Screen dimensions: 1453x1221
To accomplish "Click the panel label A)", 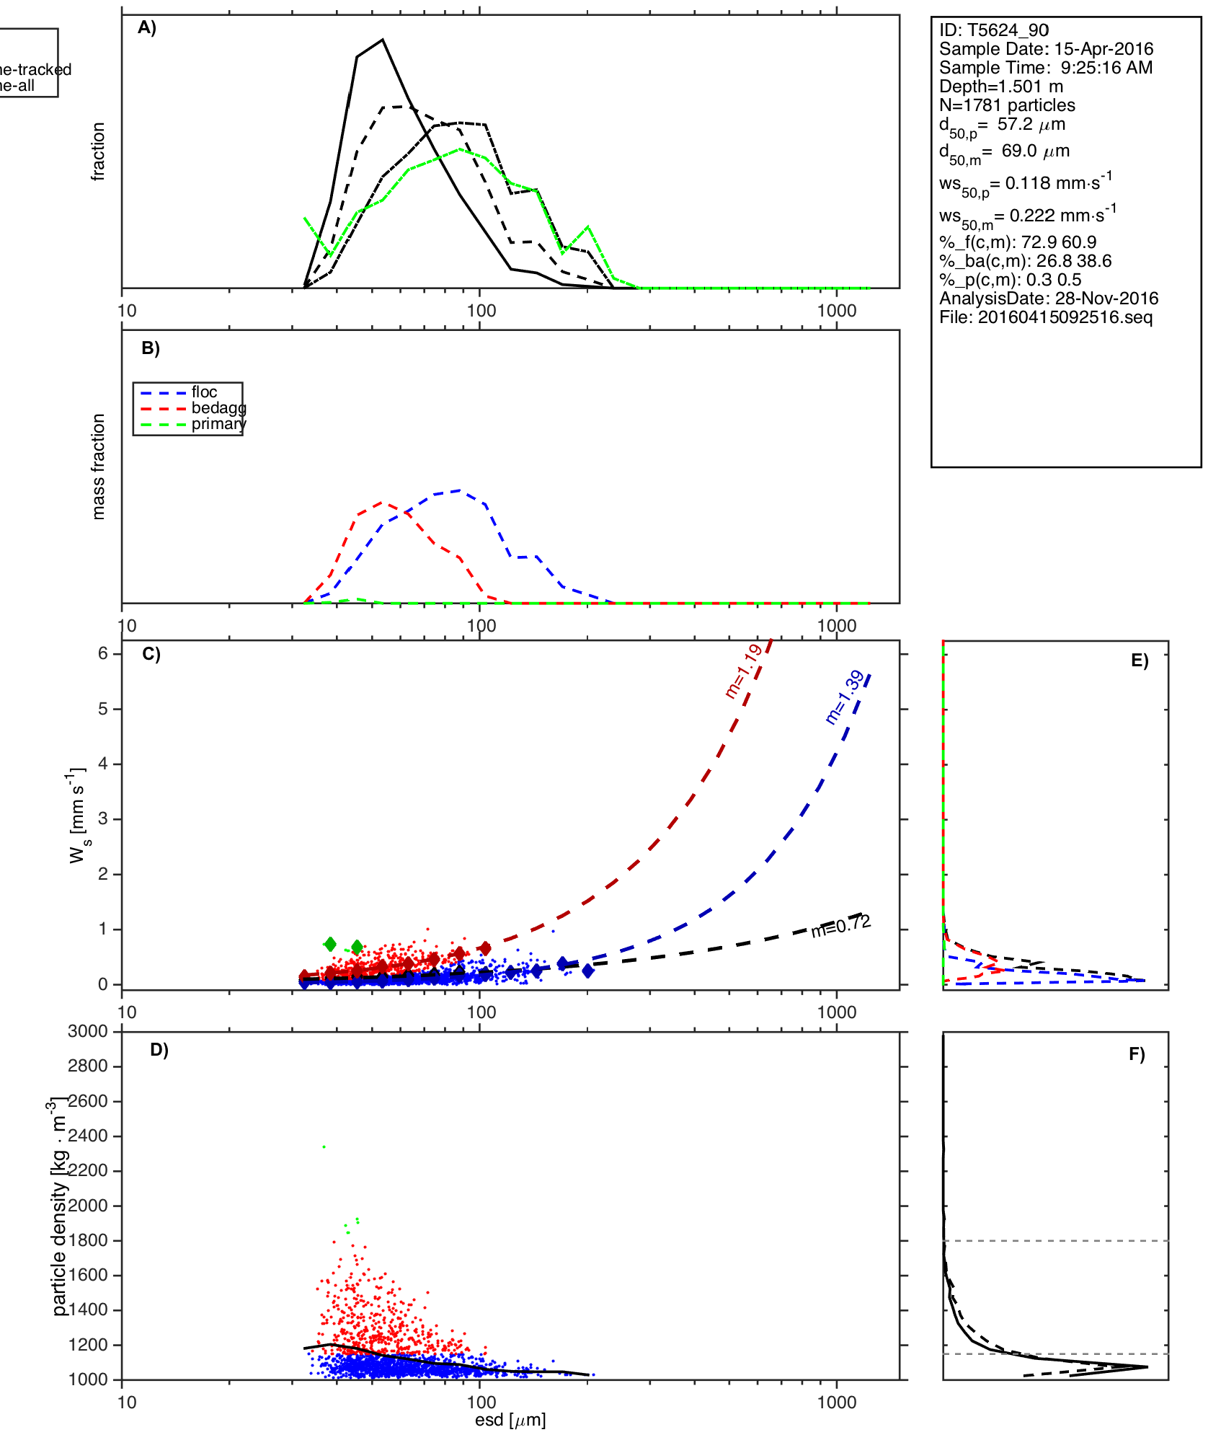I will click(x=147, y=28).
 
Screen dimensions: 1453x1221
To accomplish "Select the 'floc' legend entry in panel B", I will click(x=204, y=392).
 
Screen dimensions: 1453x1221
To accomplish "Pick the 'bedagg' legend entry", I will click(x=218, y=408).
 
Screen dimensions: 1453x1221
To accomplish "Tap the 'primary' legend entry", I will click(x=218, y=424).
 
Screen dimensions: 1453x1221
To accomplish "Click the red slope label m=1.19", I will click(x=743, y=671).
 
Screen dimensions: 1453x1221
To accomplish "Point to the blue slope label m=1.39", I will click(x=844, y=697).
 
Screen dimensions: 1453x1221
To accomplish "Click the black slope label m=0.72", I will click(x=840, y=926).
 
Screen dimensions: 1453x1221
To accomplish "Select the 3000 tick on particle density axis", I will click(x=88, y=1032).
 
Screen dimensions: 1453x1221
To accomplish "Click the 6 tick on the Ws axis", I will click(x=103, y=653).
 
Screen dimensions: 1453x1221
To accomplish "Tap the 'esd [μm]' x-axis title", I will click(x=510, y=1420).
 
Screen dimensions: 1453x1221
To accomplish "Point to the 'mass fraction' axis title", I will click(x=99, y=467).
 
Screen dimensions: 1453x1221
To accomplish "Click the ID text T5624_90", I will click(x=994, y=30).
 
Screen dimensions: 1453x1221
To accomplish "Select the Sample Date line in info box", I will click(x=1046, y=49).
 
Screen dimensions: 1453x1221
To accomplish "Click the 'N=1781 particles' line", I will click(x=1007, y=105).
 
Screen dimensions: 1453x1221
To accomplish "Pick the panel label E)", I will click(x=1140, y=661).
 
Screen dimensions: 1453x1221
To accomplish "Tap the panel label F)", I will click(x=1137, y=1054).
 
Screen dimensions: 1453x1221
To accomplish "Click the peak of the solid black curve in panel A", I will click(x=383, y=40).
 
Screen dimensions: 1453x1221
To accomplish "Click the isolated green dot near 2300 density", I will click(x=324, y=1147).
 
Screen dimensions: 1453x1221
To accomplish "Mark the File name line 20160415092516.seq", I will click(x=1046, y=317).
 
